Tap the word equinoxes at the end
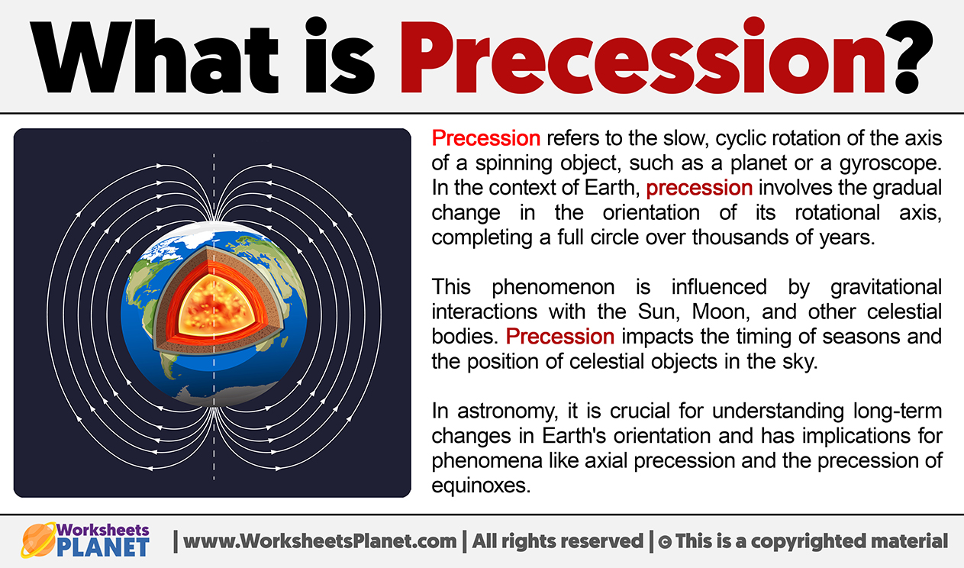[481, 486]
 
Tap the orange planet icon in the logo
[38, 540]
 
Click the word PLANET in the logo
[103, 547]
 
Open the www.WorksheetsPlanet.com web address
[319, 541]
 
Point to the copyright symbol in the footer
[665, 542]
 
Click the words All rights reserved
[557, 541]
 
